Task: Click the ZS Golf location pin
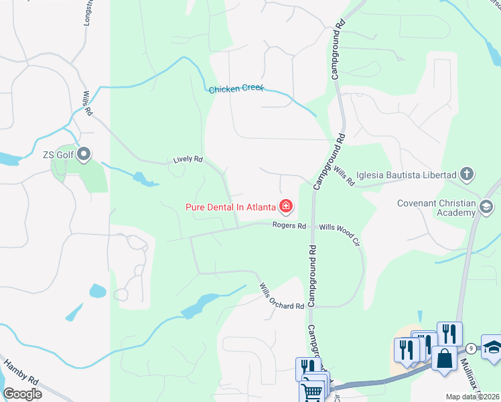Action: click(84, 155)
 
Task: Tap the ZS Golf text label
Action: click(58, 155)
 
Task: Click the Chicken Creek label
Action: click(236, 89)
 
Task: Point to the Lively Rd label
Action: click(188, 159)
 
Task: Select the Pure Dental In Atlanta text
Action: click(230, 206)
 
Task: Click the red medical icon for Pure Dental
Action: click(286, 206)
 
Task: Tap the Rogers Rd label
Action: click(289, 226)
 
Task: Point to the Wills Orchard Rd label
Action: click(282, 297)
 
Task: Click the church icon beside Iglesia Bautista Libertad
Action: click(468, 175)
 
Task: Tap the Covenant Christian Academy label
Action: click(436, 208)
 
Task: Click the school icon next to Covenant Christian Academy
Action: click(486, 209)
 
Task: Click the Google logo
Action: click(22, 394)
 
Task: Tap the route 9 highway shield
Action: click(472, 348)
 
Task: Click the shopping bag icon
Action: click(444, 358)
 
